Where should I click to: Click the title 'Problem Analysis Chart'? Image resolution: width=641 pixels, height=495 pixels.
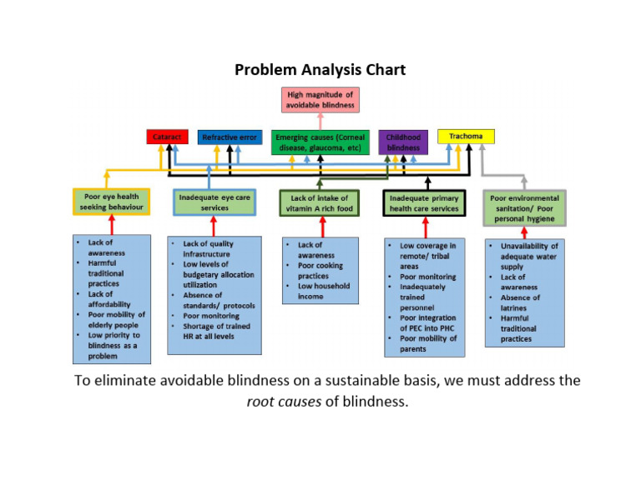click(320, 69)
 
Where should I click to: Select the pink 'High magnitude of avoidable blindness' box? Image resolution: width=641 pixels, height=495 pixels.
click(320, 100)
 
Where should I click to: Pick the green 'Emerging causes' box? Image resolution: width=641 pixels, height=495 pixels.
click(320, 142)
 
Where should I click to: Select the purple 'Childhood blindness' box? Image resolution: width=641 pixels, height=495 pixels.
click(403, 142)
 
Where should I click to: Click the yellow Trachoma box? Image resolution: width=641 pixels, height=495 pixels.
click(466, 136)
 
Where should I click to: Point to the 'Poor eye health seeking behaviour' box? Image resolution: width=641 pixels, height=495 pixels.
click(111, 202)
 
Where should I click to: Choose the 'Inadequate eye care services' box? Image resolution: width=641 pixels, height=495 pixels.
click(215, 202)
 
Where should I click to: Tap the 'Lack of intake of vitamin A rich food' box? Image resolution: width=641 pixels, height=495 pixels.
click(320, 202)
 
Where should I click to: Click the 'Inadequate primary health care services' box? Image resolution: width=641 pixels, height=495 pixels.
click(424, 202)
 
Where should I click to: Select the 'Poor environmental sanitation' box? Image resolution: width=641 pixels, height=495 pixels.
click(524, 207)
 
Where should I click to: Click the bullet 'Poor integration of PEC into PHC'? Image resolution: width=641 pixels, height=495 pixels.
click(427, 322)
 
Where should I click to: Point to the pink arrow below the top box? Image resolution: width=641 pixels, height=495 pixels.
click(320, 121)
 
